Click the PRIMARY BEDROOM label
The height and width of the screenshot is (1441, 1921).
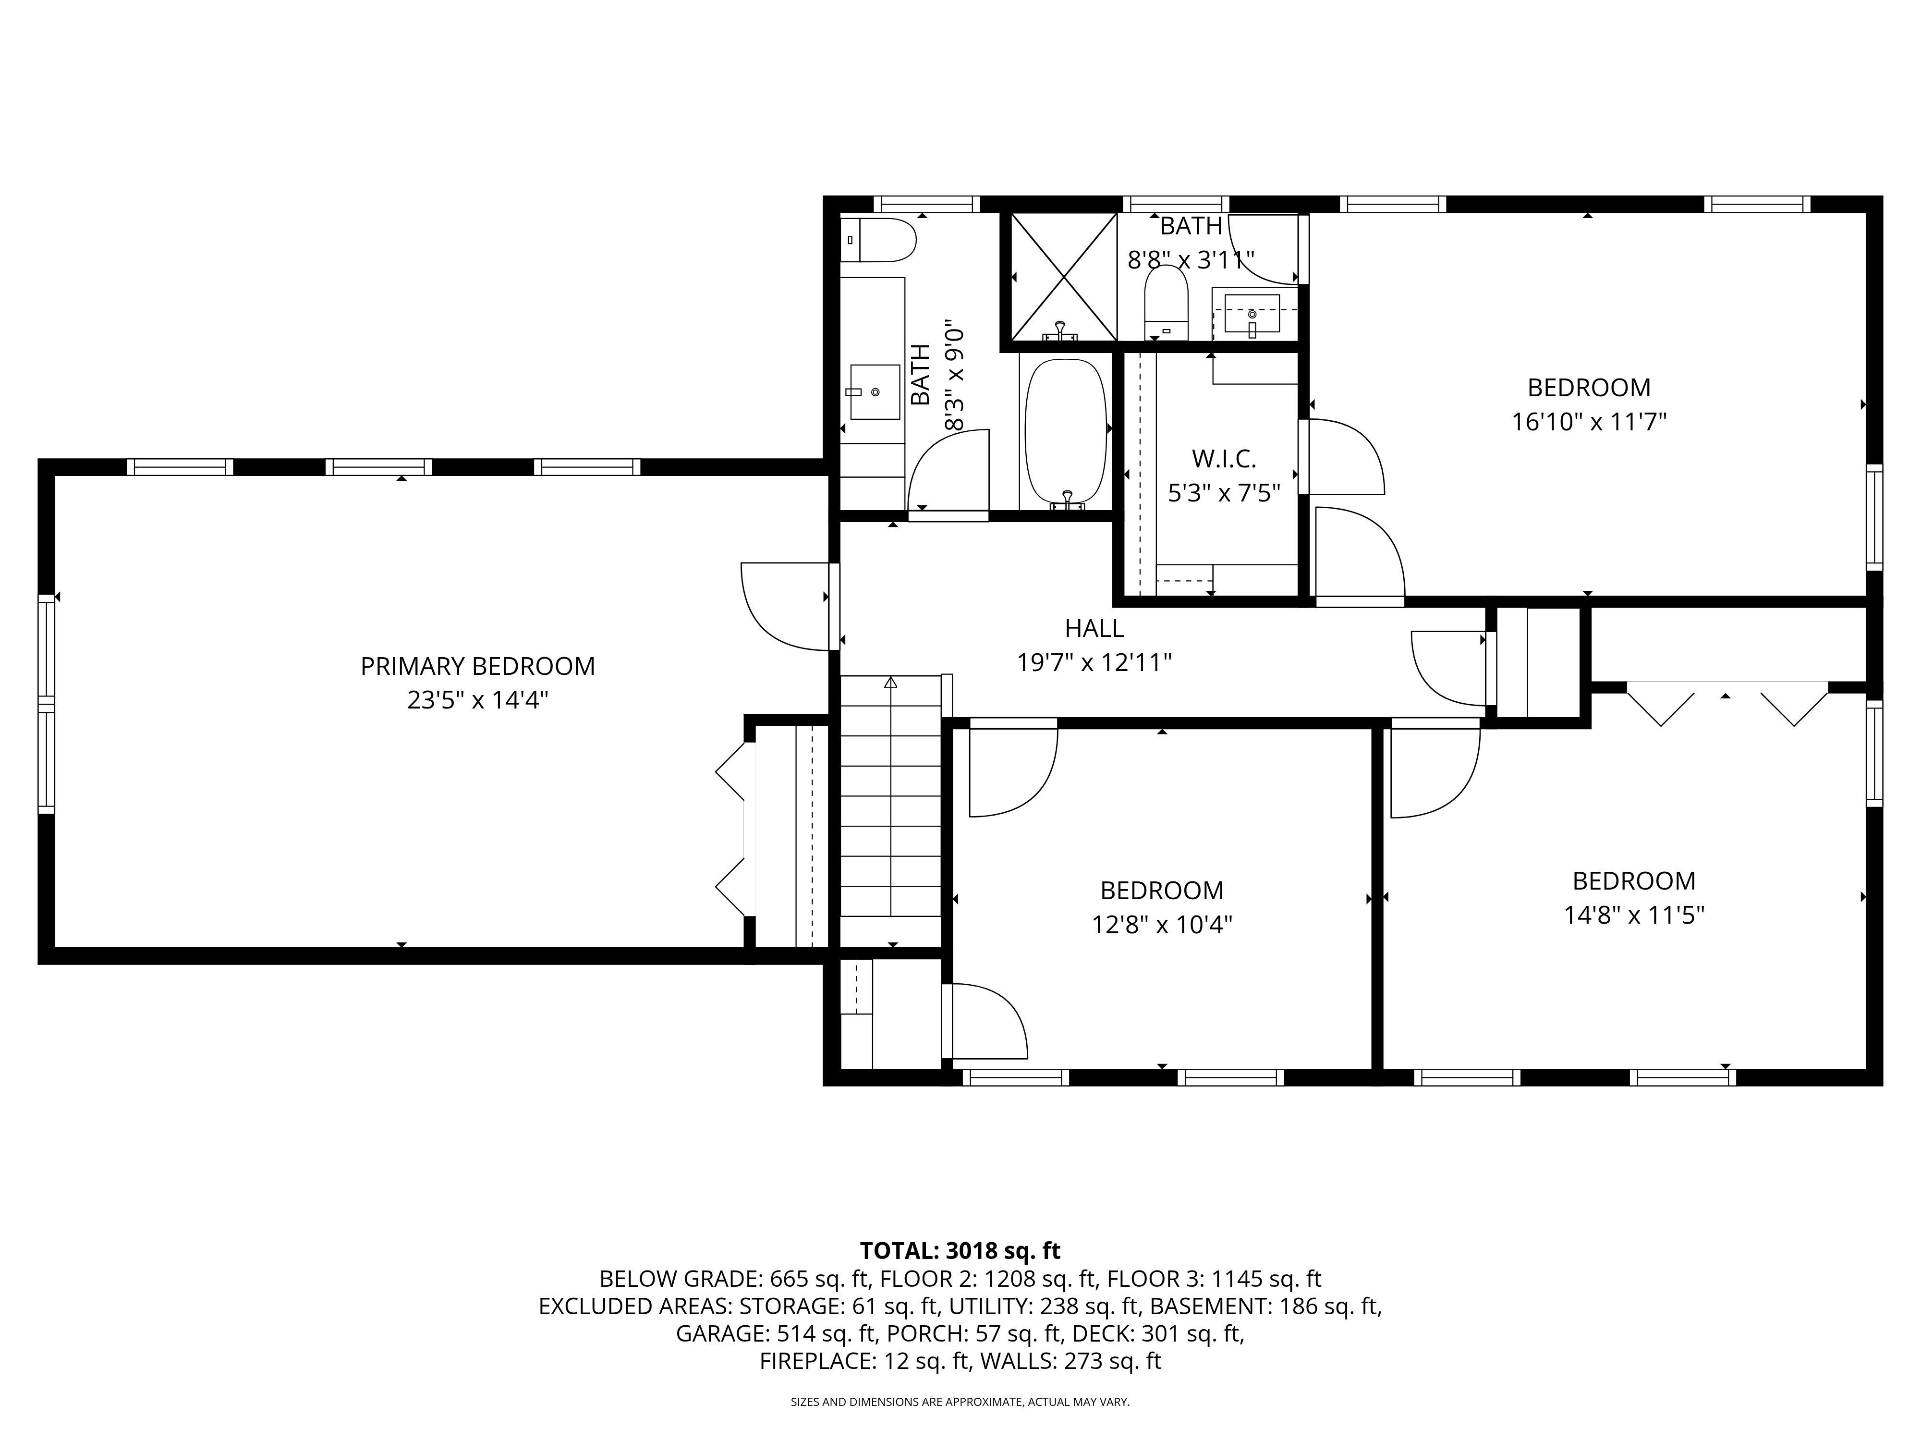tap(478, 666)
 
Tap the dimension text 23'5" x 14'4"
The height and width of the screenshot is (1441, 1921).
tap(478, 700)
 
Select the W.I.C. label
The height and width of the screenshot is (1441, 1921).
tap(1224, 459)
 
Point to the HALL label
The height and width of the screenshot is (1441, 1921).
tap(1094, 628)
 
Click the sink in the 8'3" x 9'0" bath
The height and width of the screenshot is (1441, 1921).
tap(875, 392)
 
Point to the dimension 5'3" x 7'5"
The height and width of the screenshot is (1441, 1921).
tap(1224, 493)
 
